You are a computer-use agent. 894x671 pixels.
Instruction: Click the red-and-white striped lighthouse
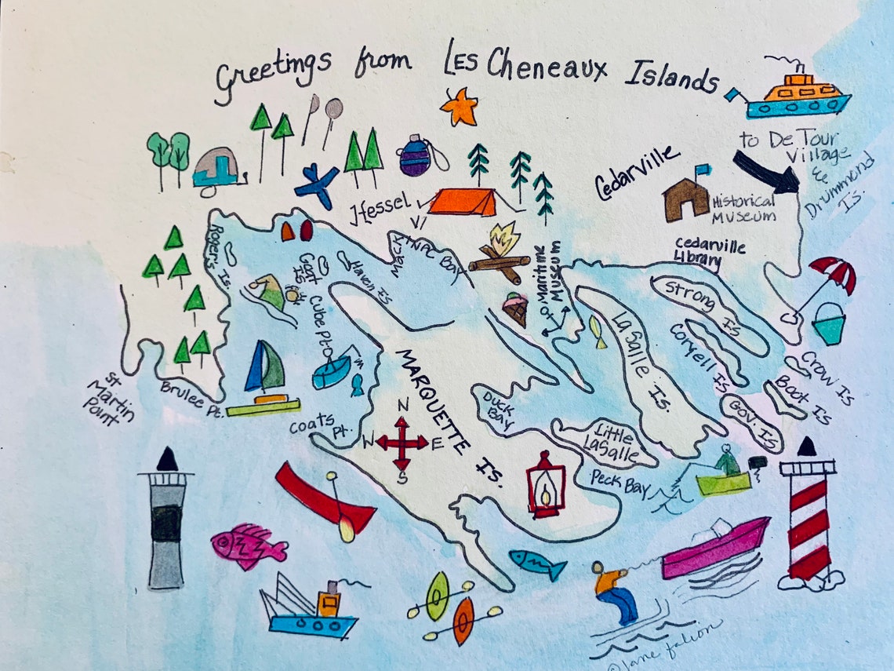pyautogui.click(x=807, y=518)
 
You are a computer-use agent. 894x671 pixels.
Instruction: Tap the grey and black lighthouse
pyautogui.click(x=166, y=522)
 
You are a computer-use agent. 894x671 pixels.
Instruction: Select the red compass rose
pyautogui.click(x=402, y=443)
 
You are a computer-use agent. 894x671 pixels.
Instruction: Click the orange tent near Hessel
pyautogui.click(x=463, y=201)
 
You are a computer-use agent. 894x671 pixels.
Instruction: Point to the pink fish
pyautogui.click(x=246, y=545)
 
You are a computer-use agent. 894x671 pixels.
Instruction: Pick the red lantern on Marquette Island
pyautogui.click(x=544, y=484)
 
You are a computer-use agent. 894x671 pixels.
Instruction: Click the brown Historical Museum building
pyautogui.click(x=686, y=199)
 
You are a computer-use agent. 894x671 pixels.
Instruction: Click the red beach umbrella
pyautogui.click(x=834, y=274)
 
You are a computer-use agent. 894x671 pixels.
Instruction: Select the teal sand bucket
pyautogui.click(x=828, y=323)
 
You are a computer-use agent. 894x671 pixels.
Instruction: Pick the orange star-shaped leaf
pyautogui.click(x=460, y=107)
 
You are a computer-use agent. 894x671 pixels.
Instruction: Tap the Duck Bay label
pyautogui.click(x=498, y=407)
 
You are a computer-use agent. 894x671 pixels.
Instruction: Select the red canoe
pyautogui.click(x=324, y=499)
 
